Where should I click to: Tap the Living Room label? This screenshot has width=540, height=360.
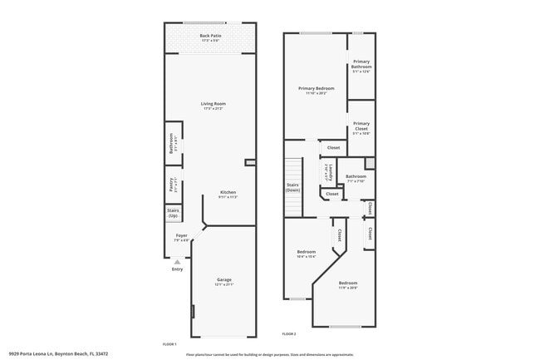[214, 106]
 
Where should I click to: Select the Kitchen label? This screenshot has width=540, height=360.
[228, 195]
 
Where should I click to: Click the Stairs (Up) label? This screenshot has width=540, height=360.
[173, 213]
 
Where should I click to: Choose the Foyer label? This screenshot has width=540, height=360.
[181, 238]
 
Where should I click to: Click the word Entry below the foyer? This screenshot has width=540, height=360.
[177, 269]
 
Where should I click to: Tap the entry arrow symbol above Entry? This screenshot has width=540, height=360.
[177, 261]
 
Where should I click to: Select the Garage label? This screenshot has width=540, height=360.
[224, 281]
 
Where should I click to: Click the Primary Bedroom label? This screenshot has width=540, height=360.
[317, 90]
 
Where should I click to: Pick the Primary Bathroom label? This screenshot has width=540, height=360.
[361, 64]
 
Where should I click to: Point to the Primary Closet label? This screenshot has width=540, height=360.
[361, 126]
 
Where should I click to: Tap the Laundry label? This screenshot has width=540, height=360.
[330, 172]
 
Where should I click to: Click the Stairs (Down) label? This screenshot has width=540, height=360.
[292, 187]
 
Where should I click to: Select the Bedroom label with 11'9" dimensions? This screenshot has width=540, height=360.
[348, 285]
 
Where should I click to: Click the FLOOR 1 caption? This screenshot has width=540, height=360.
[169, 343]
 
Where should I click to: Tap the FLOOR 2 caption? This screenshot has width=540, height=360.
[289, 333]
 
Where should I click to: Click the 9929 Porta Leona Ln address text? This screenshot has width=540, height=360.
[58, 353]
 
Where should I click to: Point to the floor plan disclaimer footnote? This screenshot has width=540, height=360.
[270, 353]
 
